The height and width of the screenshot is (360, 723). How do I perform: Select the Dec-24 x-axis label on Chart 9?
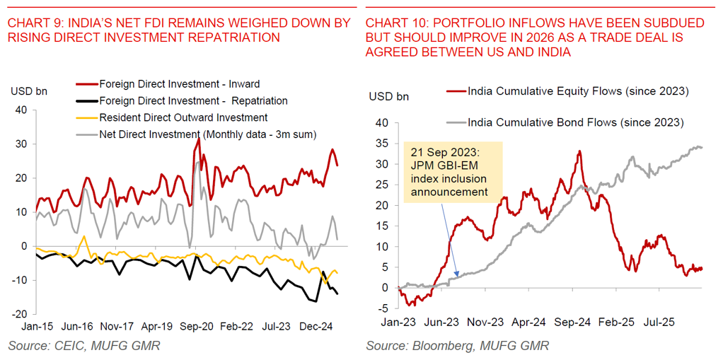(x=316, y=327)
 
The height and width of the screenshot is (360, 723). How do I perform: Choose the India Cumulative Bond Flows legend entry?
(x=576, y=122)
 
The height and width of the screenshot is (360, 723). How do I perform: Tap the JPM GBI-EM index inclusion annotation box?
(x=450, y=172)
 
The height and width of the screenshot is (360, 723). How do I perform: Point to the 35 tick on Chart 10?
(x=383, y=143)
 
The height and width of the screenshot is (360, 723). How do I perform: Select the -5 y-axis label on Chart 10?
(x=383, y=308)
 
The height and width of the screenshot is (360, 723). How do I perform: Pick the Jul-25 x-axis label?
(x=661, y=322)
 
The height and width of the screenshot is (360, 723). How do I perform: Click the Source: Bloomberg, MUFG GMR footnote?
(x=457, y=346)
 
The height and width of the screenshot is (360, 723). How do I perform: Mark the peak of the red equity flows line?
(x=579, y=151)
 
